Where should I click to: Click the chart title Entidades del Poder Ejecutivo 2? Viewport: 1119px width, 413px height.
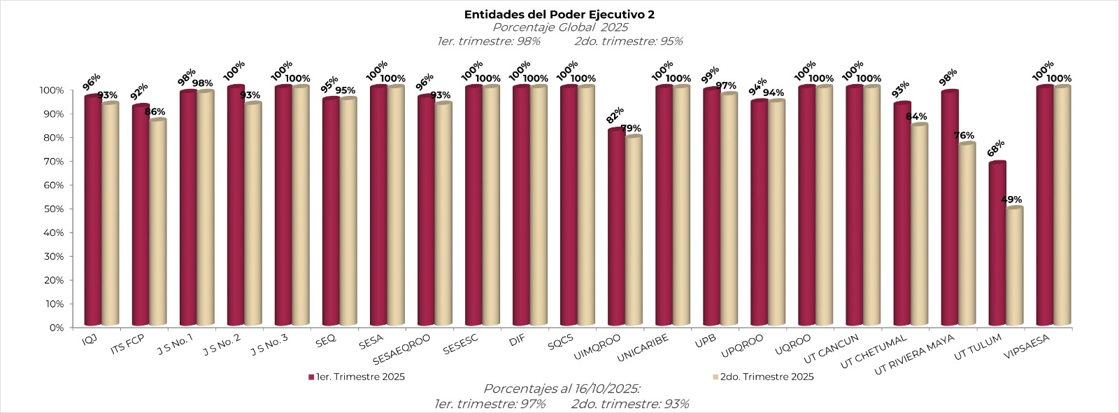(x=559, y=14)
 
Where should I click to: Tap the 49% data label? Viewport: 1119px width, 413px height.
(x=1011, y=199)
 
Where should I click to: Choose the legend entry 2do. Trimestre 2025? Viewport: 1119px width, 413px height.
(x=767, y=377)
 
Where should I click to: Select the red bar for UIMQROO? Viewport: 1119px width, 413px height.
(x=616, y=227)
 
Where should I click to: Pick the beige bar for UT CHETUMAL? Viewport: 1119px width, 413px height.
(x=919, y=225)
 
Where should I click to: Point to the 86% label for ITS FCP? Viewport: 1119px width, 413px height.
(x=155, y=112)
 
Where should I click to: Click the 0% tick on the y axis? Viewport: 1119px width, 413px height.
(x=57, y=327)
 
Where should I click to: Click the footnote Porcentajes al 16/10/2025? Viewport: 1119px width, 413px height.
(x=562, y=389)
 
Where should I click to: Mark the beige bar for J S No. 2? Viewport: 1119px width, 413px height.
(x=252, y=213)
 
